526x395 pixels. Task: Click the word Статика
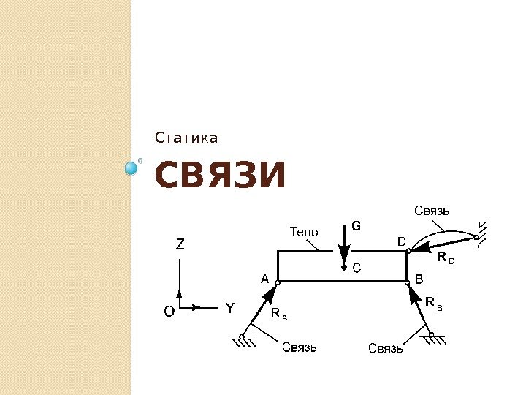(186, 138)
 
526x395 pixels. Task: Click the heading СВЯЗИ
(219, 176)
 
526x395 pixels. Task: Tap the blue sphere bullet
(131, 169)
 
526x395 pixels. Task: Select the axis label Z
(180, 246)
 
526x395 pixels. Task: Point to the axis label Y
(229, 309)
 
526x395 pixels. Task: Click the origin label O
(169, 312)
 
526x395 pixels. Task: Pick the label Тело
(305, 232)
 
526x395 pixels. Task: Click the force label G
(356, 226)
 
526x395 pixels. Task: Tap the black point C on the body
(344, 268)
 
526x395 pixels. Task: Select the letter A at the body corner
(265, 279)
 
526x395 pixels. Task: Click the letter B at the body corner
(419, 279)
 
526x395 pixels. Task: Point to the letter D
(401, 241)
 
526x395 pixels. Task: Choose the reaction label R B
(433, 302)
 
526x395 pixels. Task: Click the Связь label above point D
(432, 211)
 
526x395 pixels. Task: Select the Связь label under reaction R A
(300, 347)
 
